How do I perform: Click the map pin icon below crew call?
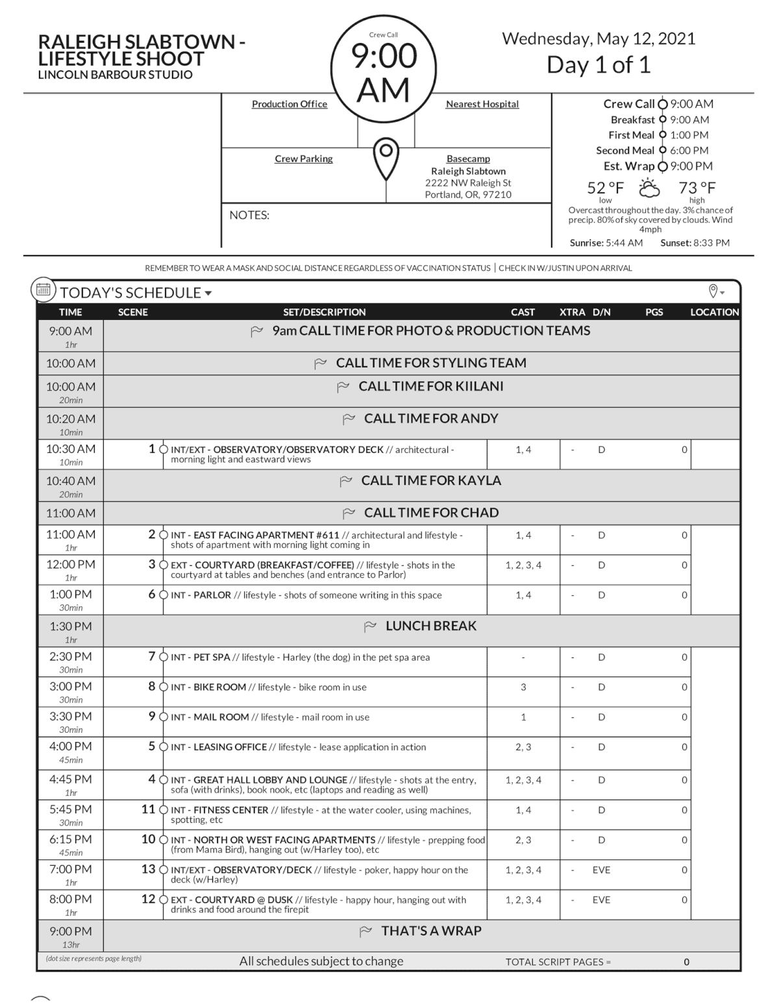386,158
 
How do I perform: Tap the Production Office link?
290,104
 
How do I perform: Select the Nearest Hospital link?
482,104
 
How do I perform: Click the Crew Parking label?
303,158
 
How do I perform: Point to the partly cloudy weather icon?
649,188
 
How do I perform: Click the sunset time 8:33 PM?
711,243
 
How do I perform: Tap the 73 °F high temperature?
697,188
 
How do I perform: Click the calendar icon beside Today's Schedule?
43,291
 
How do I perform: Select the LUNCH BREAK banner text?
431,626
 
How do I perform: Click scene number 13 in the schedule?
149,869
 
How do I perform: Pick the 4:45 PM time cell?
71,780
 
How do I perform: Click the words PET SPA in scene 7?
212,658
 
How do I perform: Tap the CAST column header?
523,312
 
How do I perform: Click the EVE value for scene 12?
601,900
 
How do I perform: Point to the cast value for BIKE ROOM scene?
523,687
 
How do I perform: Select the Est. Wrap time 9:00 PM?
691,166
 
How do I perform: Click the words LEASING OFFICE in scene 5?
230,747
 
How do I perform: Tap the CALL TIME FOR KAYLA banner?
431,481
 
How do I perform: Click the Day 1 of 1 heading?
598,65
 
